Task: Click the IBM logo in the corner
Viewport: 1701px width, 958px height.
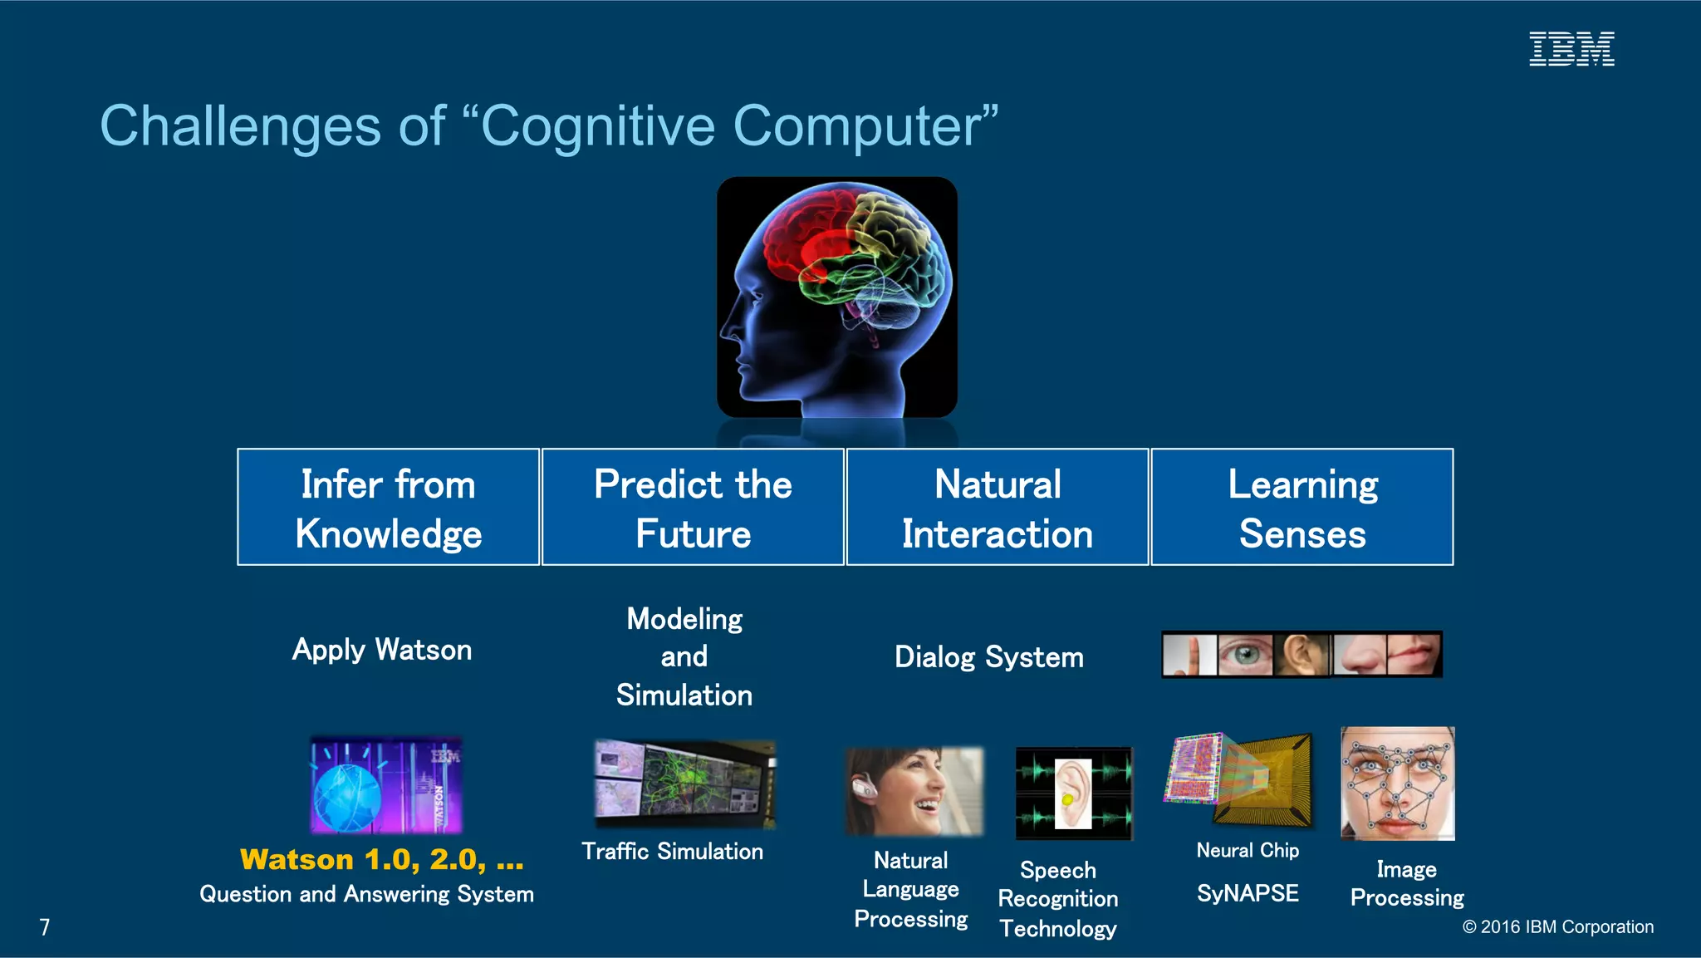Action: (1571, 49)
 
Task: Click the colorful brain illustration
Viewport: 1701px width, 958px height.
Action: (837, 297)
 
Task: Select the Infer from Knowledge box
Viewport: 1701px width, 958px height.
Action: (388, 508)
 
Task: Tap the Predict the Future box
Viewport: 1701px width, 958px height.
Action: (693, 508)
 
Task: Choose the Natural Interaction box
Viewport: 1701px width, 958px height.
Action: (997, 508)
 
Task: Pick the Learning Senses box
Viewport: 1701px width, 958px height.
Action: (1301, 508)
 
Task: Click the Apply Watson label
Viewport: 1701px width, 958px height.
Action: (382, 650)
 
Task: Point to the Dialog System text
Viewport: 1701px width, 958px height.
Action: (988, 657)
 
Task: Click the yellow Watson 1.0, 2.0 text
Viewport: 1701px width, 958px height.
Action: (381, 859)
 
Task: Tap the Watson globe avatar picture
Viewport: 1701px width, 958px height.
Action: (385, 785)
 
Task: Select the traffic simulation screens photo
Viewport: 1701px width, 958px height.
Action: (685, 784)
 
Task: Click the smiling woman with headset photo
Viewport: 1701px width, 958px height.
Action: (914, 791)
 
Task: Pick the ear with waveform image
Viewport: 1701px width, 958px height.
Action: (1074, 793)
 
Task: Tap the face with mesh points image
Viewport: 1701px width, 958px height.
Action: (1398, 783)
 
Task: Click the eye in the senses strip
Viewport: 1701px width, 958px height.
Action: (1245, 655)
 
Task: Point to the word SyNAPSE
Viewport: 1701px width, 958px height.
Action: (1248, 893)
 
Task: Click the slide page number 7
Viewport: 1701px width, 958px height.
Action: (45, 927)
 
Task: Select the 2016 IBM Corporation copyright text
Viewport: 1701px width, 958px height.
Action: (1557, 927)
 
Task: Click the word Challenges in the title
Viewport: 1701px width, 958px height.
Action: (241, 126)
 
